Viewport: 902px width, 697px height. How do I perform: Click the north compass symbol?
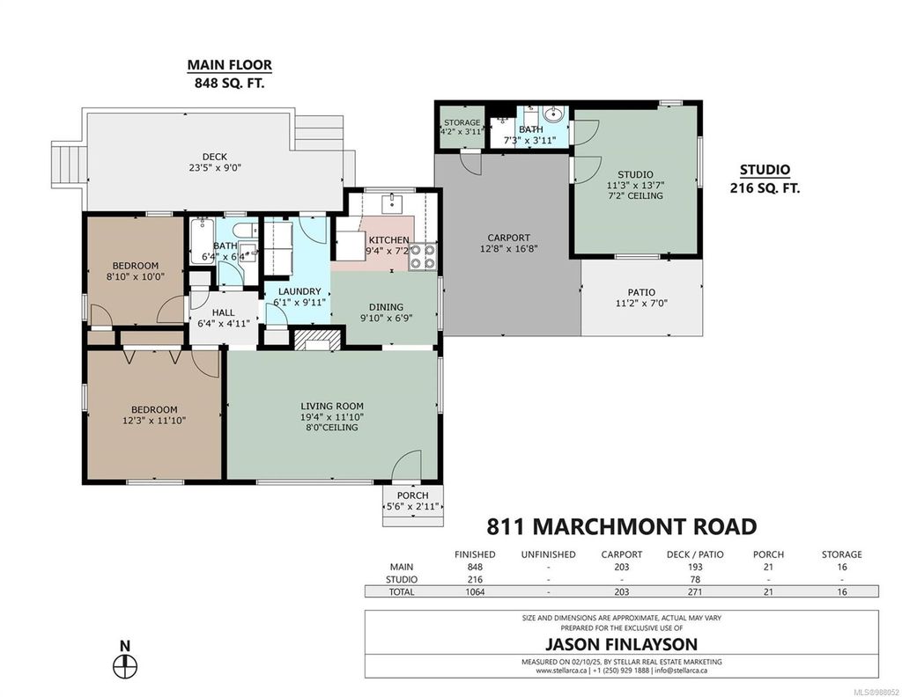(x=126, y=663)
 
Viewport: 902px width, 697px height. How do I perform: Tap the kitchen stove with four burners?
(x=423, y=256)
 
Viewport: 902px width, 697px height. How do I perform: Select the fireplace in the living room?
(x=315, y=341)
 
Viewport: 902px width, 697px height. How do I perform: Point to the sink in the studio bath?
(x=552, y=115)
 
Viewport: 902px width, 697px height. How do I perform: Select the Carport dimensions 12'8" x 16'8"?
(x=509, y=249)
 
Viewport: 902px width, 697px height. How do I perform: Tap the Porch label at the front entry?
(x=412, y=495)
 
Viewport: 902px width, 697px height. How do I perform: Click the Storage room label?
(x=462, y=122)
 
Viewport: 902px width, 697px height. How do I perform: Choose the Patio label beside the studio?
(x=641, y=292)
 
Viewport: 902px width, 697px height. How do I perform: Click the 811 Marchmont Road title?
(x=621, y=527)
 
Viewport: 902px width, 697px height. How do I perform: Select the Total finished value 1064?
(x=475, y=592)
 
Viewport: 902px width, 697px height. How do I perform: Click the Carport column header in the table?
(x=621, y=554)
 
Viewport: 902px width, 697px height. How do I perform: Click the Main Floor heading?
(x=229, y=65)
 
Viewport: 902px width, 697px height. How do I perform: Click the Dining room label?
(x=387, y=306)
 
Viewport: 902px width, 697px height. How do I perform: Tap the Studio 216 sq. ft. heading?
(x=764, y=179)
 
